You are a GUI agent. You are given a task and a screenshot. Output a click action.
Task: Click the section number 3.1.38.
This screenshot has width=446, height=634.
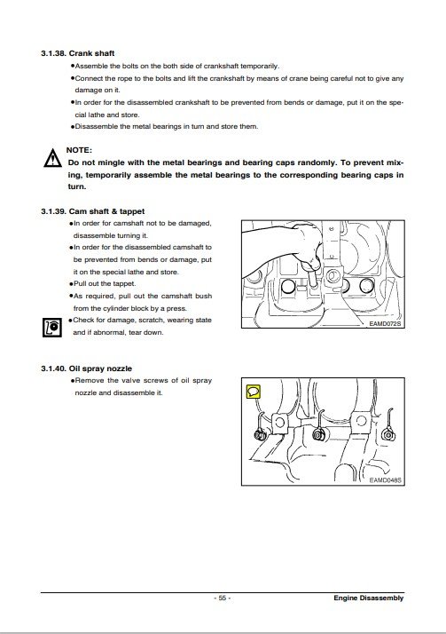coord(53,53)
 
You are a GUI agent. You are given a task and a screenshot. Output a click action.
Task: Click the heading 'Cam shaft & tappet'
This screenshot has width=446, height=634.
coord(106,211)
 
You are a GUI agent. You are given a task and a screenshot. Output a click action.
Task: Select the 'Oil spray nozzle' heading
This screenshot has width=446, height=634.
coord(100,369)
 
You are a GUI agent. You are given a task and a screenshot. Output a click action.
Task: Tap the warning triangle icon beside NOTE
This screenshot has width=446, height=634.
coord(53,158)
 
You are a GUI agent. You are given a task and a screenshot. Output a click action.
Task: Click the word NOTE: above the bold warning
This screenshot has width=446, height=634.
coord(79,150)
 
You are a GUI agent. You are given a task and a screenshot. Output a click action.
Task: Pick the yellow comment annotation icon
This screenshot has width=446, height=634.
coord(253,392)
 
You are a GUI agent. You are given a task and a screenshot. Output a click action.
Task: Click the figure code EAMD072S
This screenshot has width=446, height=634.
coord(385,323)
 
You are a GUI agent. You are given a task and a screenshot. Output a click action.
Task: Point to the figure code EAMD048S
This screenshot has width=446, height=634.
coord(385,480)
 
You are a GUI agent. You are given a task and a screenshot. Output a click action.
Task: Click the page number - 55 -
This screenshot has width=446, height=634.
coord(223,598)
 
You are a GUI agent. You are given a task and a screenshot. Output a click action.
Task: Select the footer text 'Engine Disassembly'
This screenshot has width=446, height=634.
coord(369,598)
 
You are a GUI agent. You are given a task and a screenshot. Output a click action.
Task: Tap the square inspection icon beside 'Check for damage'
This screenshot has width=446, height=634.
coord(52,327)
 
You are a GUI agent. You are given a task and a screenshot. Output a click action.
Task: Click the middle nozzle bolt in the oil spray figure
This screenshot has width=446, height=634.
coord(319,435)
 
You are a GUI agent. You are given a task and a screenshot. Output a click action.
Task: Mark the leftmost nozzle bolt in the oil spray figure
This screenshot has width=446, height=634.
coord(259,435)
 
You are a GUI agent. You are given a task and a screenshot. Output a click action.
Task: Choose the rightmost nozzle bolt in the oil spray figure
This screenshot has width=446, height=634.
coord(387,435)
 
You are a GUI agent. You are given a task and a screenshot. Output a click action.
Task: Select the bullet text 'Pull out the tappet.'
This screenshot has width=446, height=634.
coord(105,284)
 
